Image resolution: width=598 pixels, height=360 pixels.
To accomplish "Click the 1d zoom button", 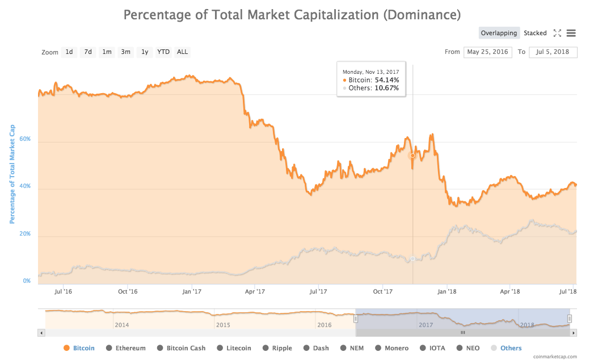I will pos(69,52).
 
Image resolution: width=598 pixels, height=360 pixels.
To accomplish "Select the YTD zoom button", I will pos(163,52).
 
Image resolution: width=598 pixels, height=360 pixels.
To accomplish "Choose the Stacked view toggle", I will pos(535,33).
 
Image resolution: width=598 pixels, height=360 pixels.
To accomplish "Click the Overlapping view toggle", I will pos(499,33).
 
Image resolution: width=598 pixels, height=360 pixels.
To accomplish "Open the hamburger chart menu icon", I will pos(571,33).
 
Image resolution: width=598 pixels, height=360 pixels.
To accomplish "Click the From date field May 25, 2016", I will pos(487,52).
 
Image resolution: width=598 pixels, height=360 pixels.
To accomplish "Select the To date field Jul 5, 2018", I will pos(553,52).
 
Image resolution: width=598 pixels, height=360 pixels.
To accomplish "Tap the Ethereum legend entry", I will pos(125,348).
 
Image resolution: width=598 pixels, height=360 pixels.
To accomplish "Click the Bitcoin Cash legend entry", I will pos(181,348).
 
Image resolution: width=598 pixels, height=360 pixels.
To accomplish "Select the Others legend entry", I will pos(506,348).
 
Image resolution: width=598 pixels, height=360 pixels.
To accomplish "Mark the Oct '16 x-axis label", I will pos(128,292).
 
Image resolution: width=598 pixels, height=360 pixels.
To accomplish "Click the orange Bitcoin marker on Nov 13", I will pos(412,155).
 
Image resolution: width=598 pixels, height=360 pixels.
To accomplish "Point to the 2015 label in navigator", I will pos(223,325).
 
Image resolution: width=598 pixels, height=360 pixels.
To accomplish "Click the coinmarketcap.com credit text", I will pos(555,357).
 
